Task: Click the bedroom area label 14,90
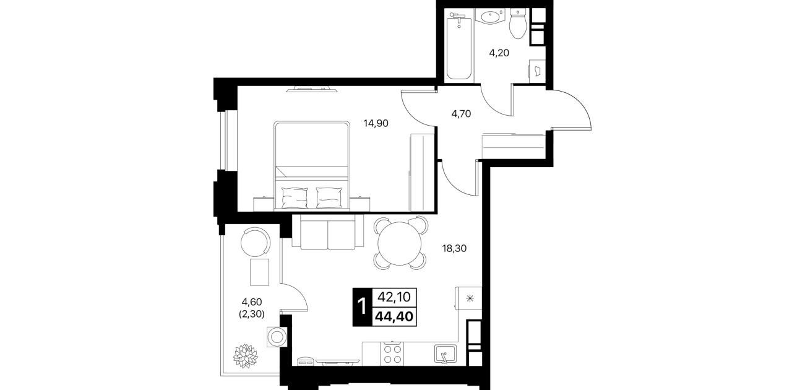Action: (376, 124)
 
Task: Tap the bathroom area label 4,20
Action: (499, 53)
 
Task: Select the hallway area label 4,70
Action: (461, 114)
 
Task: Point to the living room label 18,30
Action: (454, 248)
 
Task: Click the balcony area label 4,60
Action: (252, 302)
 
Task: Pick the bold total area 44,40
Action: (394, 317)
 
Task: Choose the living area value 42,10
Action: (394, 297)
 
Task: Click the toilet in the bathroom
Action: (518, 24)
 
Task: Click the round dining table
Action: (399, 243)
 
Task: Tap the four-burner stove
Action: (392, 353)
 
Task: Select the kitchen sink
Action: (446, 353)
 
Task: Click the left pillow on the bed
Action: (295, 197)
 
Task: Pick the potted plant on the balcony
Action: (246, 356)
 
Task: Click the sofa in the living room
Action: (328, 232)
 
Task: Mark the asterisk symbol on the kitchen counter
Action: (470, 298)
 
